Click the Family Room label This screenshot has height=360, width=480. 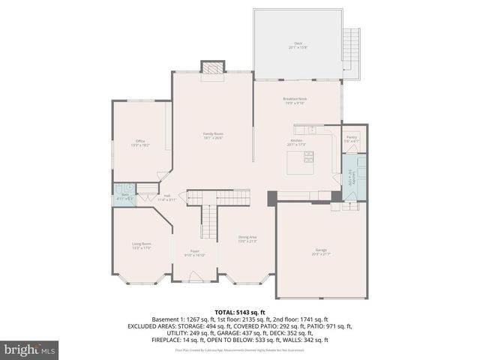point(213,136)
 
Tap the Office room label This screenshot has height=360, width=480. point(140,142)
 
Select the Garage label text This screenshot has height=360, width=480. point(320,251)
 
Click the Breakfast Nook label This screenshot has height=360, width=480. point(295,100)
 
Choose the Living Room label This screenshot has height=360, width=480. point(142,244)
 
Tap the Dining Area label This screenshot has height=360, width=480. point(247,238)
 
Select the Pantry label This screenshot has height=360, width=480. point(351,139)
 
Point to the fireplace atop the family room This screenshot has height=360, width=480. point(214,68)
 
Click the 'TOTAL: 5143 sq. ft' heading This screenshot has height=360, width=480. point(240,312)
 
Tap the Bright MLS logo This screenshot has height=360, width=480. point(30,349)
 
